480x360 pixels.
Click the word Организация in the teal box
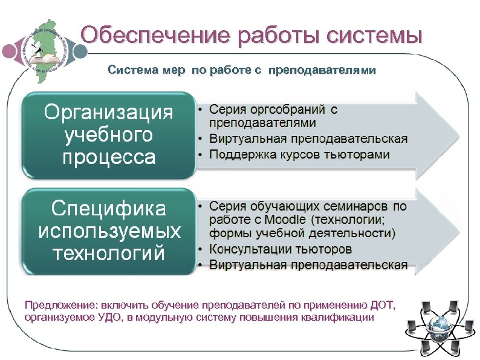click(109, 113)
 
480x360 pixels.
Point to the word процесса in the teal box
click(109, 157)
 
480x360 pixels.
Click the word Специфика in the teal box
click(109, 209)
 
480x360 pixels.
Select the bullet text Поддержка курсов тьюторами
click(299, 154)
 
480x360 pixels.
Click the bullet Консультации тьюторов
click(281, 249)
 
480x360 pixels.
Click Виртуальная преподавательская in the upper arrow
click(308, 139)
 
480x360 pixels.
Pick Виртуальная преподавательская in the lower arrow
click(308, 265)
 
